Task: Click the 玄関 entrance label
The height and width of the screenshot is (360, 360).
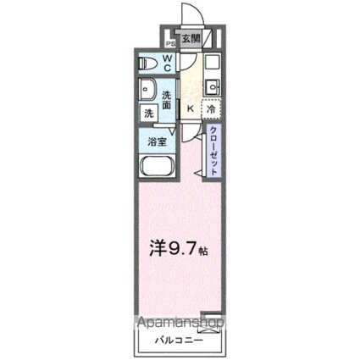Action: (x=191, y=40)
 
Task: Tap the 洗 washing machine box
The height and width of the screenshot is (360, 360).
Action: (x=147, y=112)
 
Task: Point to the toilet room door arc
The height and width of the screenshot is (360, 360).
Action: (x=188, y=64)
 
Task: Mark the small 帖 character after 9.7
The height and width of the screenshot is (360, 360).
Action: (x=203, y=252)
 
